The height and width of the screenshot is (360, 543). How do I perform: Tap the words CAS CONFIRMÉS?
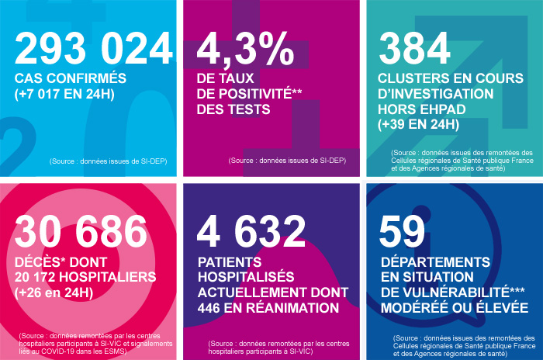pyautogui.click(x=71, y=78)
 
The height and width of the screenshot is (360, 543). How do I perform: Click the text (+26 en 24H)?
pyautogui.click(x=56, y=292)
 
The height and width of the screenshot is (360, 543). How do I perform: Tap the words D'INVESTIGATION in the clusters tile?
pyautogui.click(x=435, y=94)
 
